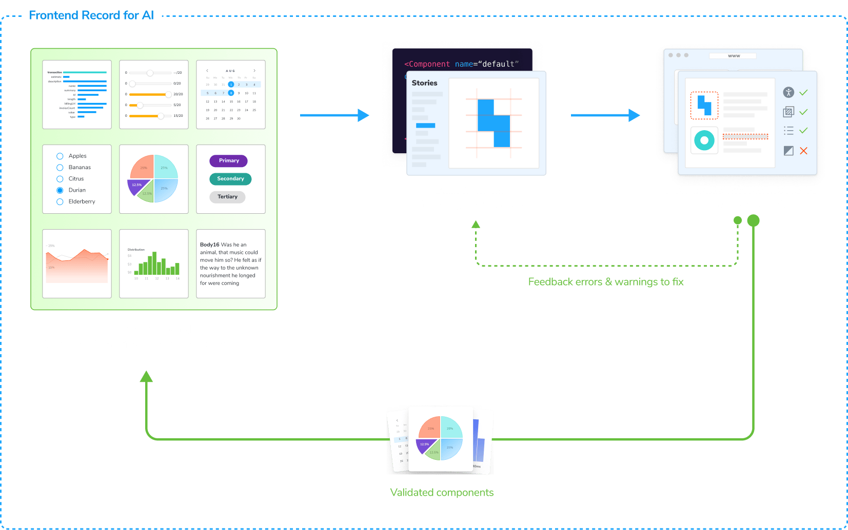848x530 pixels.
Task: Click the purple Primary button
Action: pos(228,160)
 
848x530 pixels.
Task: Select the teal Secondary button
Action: pos(230,178)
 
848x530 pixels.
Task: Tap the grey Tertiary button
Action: pos(227,197)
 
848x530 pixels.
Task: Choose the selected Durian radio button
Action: pos(60,190)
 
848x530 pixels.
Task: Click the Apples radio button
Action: pos(60,156)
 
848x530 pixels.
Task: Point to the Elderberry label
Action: pos(82,201)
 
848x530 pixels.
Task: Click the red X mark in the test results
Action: pos(803,151)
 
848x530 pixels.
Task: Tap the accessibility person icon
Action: pos(788,92)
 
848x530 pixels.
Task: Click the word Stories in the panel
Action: pos(424,83)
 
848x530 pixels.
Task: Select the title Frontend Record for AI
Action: pos(91,15)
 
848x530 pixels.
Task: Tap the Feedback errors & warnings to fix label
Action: pos(605,281)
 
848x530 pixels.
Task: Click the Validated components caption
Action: pos(441,492)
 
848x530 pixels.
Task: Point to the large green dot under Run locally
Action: pos(753,220)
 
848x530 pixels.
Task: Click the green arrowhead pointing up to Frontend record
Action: pos(146,376)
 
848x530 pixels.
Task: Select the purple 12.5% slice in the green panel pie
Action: pos(137,186)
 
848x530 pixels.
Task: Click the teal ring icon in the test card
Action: pos(704,140)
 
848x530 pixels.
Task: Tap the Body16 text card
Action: pos(230,263)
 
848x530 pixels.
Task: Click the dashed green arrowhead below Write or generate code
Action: pos(476,224)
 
